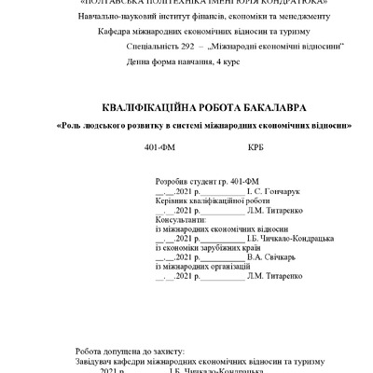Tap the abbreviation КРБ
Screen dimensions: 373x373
click(x=256, y=148)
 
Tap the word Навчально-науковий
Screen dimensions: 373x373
click(x=100, y=17)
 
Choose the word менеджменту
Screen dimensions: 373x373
click(x=291, y=17)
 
